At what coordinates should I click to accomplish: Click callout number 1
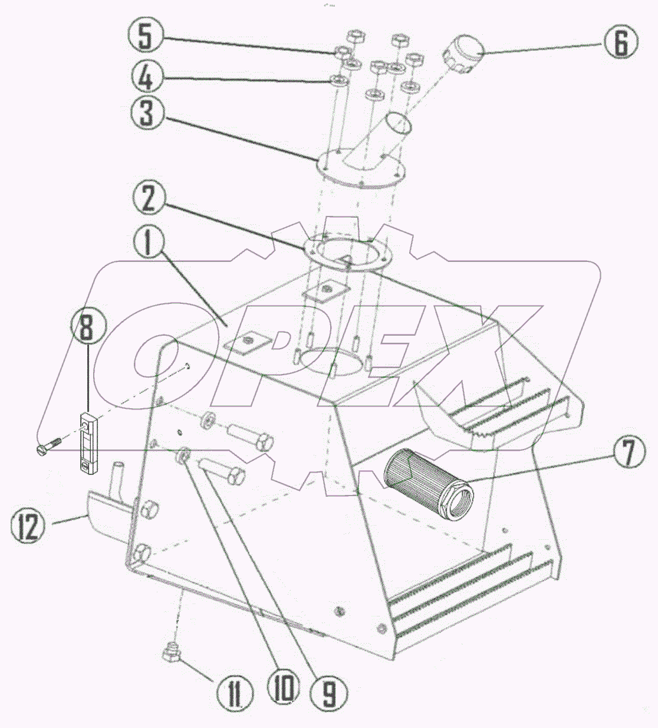click(147, 243)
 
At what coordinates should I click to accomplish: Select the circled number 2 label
click(147, 198)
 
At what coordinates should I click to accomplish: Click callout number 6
click(620, 42)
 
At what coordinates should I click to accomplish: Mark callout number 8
click(87, 329)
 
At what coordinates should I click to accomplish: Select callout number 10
click(283, 688)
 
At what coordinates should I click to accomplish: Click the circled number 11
click(234, 694)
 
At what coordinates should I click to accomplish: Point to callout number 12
click(28, 526)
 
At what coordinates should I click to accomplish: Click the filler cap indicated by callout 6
click(462, 54)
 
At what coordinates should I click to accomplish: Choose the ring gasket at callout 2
click(348, 253)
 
